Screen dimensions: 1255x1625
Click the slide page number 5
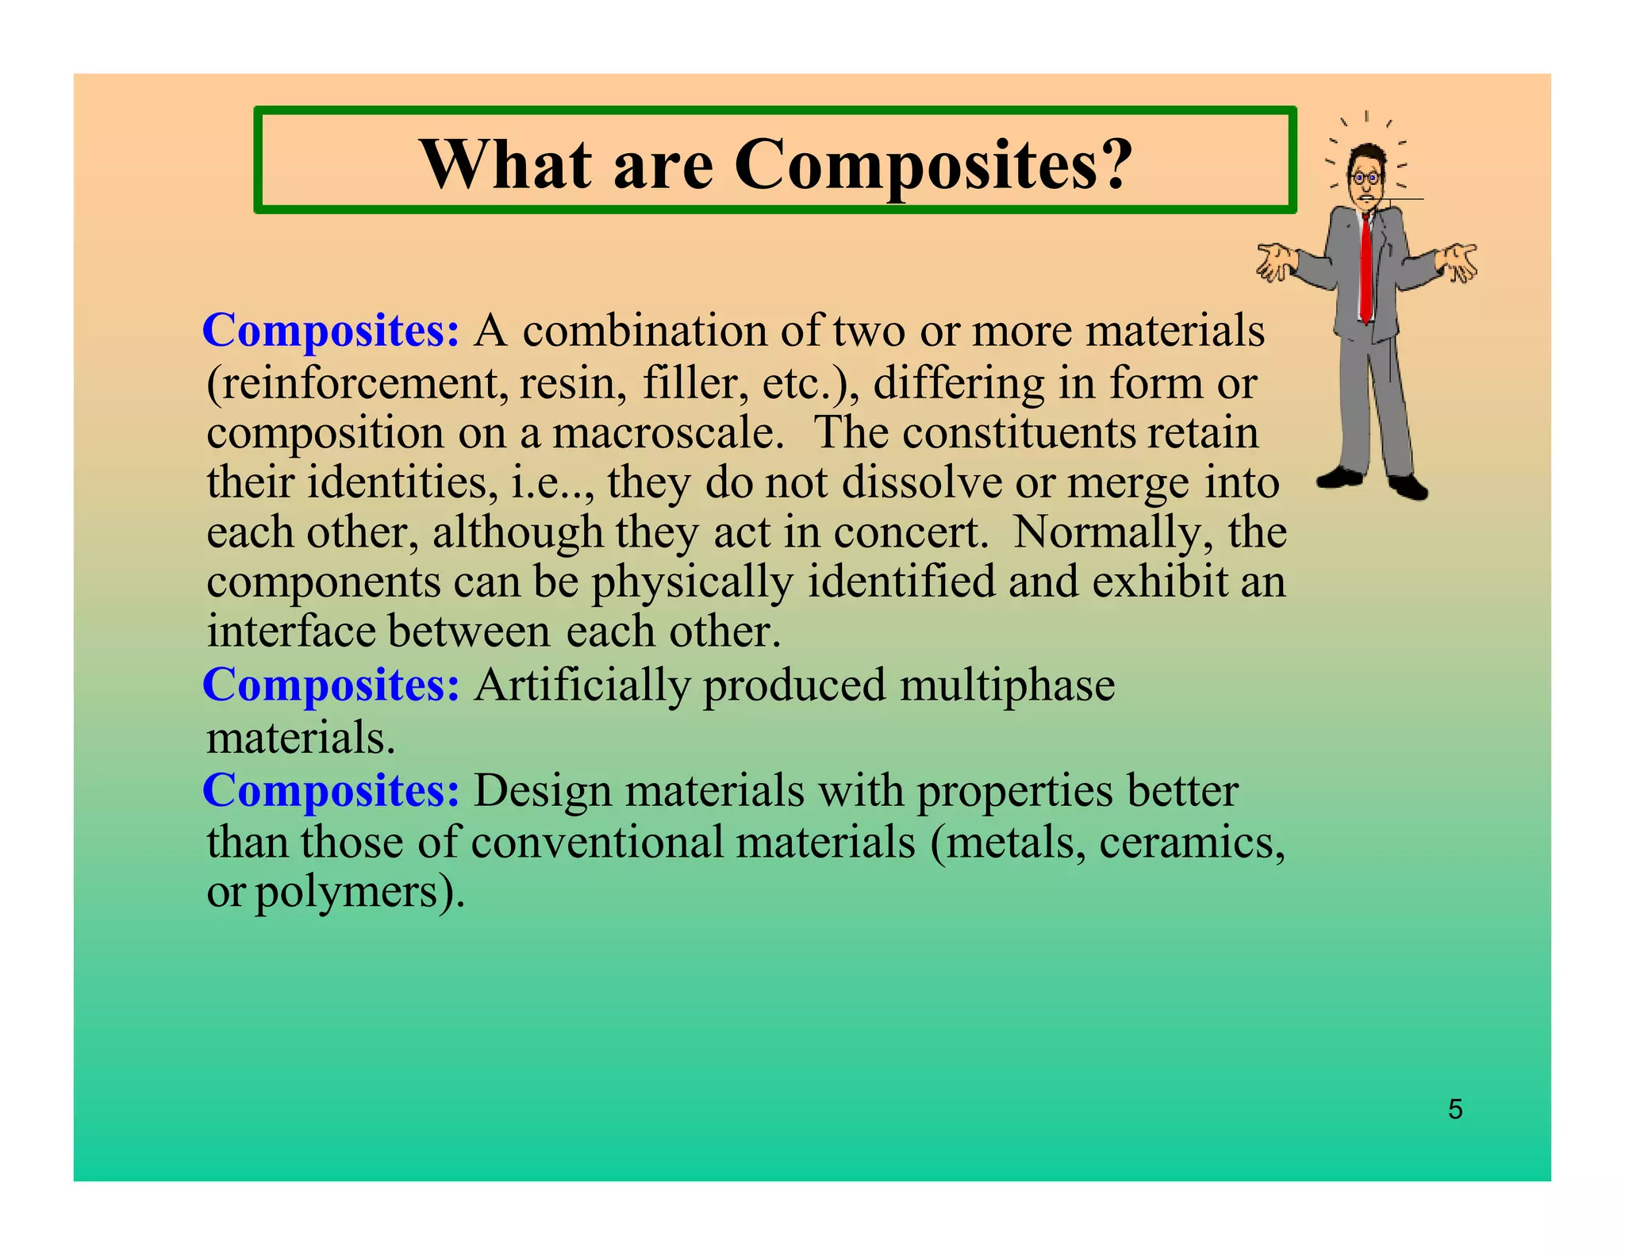[x=1454, y=1109]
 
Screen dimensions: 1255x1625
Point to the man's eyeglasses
[x=1366, y=178]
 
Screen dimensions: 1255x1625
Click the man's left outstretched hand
[x=1275, y=263]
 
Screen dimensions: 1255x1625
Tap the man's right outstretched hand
[x=1458, y=262]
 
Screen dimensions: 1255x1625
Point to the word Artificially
[x=582, y=685]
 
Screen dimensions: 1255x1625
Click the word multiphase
[x=1007, y=685]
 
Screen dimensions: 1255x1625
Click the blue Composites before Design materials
[x=331, y=790]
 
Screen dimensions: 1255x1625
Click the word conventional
[x=597, y=842]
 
